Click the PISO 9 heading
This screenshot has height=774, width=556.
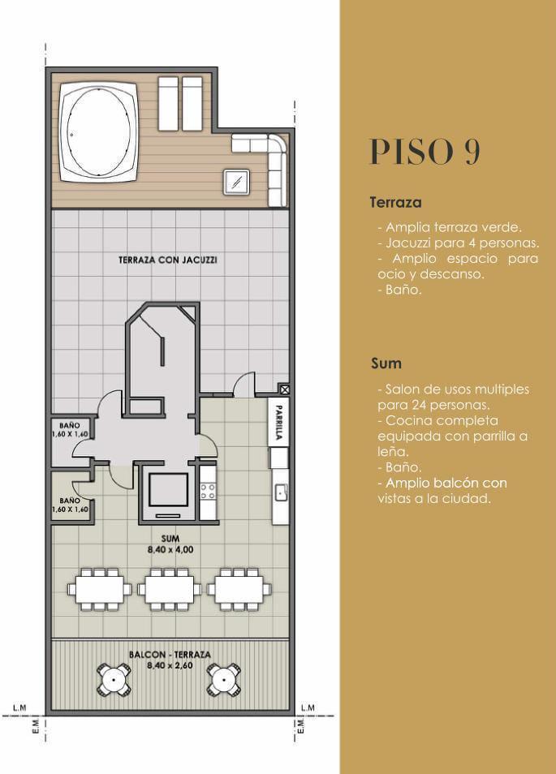(425, 152)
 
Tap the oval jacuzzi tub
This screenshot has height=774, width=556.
(99, 131)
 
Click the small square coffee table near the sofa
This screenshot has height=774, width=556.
(236, 183)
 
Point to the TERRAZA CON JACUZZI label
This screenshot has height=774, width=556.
(168, 260)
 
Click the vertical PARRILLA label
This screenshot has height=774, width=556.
(279, 422)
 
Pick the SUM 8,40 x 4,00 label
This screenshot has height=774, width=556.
(170, 544)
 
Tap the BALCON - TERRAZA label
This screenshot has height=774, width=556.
(170, 660)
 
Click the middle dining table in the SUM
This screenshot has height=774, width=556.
(170, 589)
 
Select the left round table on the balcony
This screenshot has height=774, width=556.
(114, 680)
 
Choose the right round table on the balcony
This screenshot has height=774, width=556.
(224, 680)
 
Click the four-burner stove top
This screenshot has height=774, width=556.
(208, 491)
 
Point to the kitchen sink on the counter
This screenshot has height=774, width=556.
(282, 492)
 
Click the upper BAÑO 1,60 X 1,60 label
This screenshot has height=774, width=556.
(70, 430)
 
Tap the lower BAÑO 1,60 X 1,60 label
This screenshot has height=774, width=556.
(70, 505)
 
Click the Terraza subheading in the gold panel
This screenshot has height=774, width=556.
(395, 202)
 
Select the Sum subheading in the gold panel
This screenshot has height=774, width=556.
(386, 363)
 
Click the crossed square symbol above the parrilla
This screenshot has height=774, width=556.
(284, 389)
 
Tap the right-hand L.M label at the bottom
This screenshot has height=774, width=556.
(308, 707)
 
